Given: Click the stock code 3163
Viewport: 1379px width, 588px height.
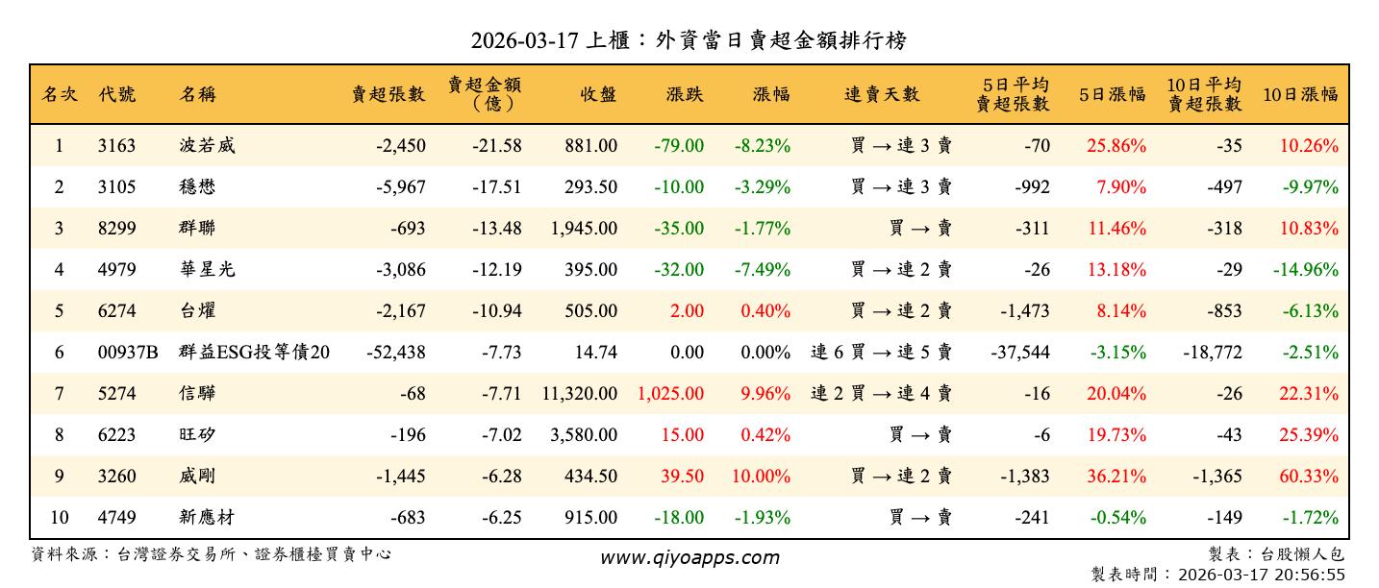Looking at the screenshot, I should click(x=116, y=146).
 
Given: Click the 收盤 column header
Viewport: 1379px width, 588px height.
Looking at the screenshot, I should click(x=598, y=94).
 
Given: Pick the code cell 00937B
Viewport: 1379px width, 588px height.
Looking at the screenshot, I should click(x=128, y=353).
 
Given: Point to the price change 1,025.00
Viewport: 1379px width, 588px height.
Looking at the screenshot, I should click(x=670, y=394).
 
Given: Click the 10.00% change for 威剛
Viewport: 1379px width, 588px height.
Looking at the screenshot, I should click(x=765, y=477).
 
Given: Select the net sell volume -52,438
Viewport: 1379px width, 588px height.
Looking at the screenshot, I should click(x=396, y=353).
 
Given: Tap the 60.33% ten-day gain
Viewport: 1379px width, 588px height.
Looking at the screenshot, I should click(x=1310, y=477).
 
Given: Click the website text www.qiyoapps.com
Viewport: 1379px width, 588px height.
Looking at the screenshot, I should click(x=689, y=557).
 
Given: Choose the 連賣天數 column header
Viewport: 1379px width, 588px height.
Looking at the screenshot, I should click(x=882, y=94).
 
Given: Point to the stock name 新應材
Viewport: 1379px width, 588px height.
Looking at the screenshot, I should click(x=207, y=518).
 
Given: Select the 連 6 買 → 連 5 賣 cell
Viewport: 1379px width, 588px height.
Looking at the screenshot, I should click(x=882, y=353).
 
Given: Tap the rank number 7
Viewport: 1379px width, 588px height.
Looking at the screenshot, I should click(x=59, y=394).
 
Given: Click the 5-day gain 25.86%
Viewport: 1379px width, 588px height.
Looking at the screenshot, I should click(x=1116, y=146).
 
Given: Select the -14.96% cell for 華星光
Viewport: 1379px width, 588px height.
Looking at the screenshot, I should click(x=1306, y=270).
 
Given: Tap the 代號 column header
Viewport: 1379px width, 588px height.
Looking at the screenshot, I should click(x=116, y=94).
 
